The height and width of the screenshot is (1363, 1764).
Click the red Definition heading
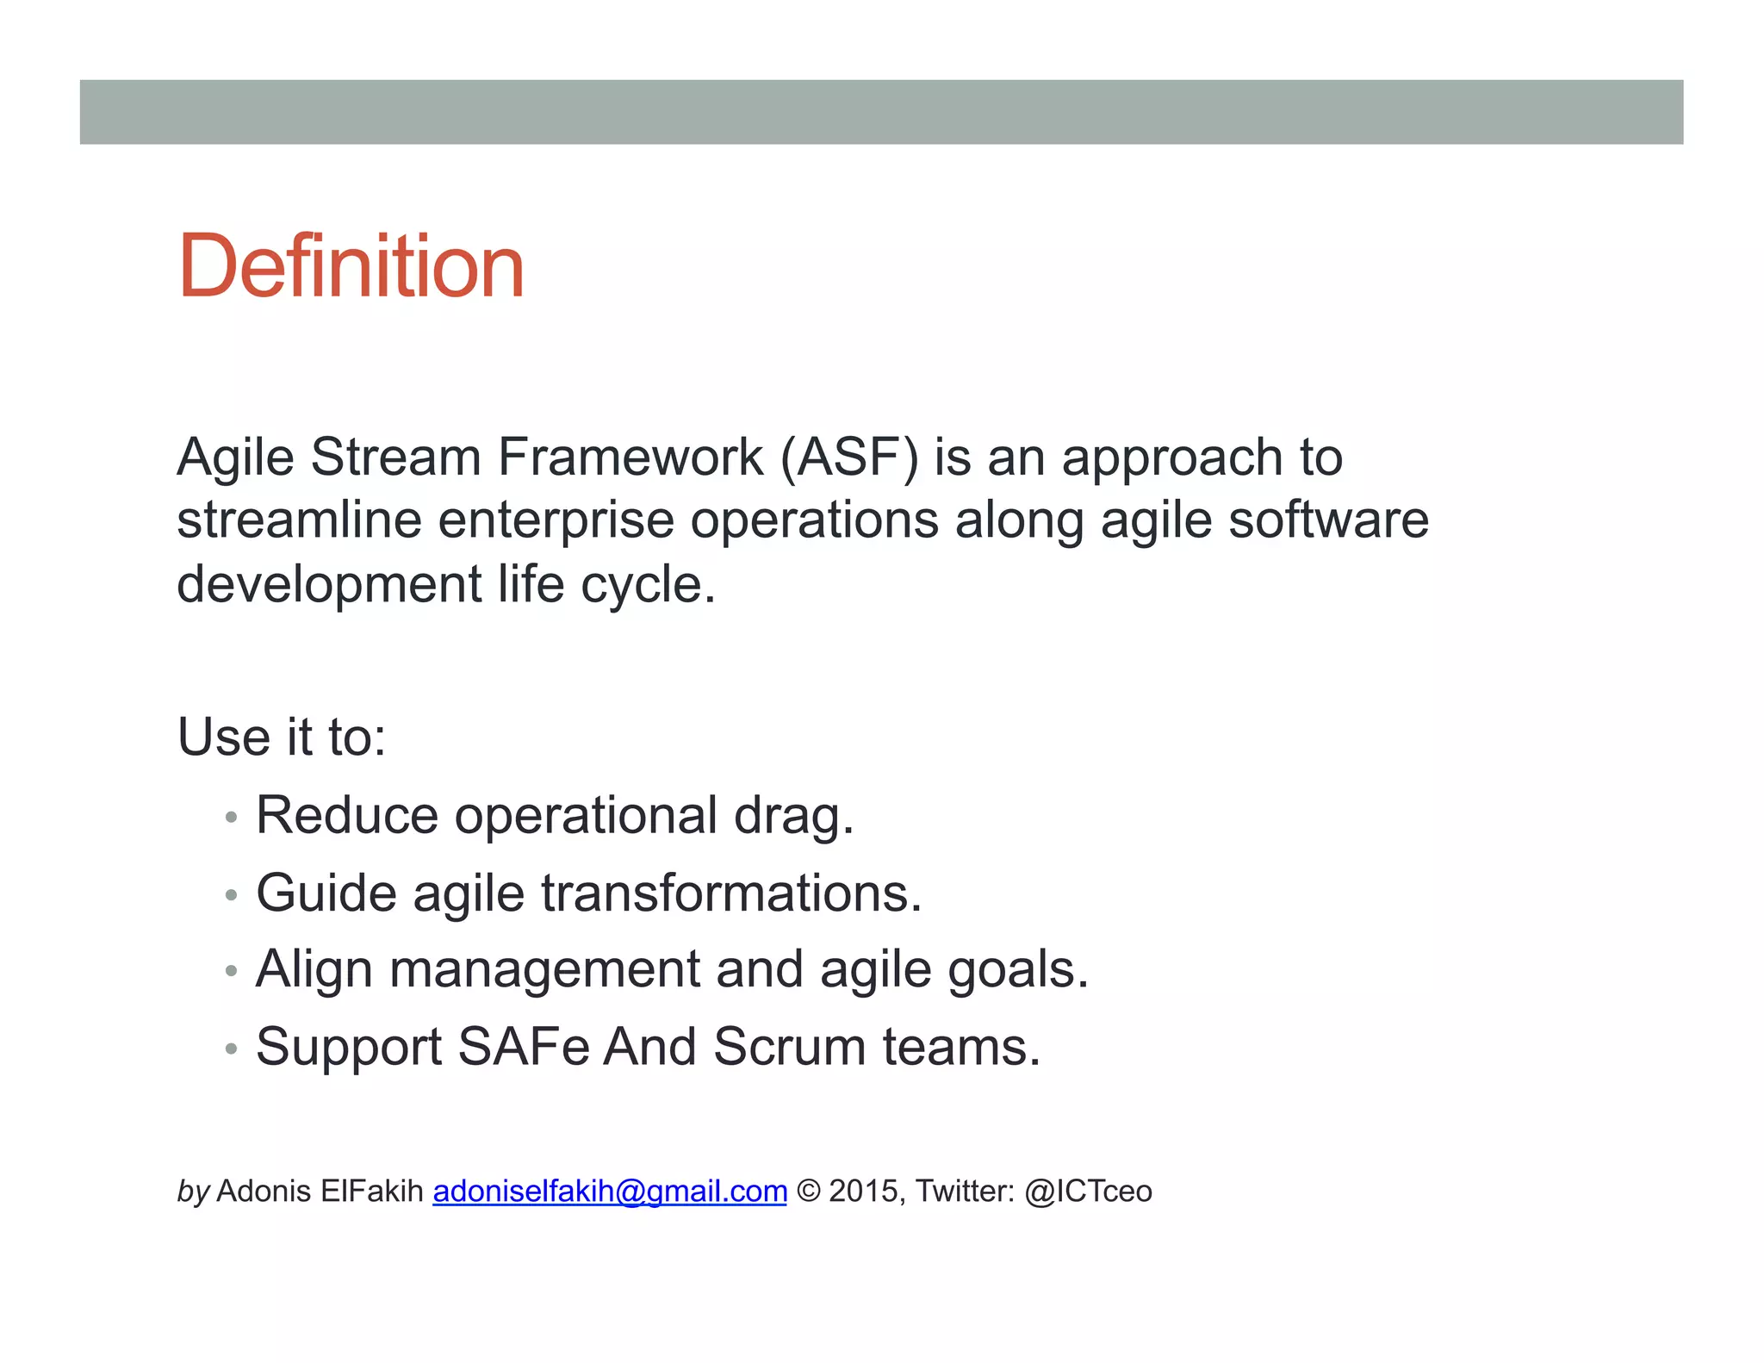point(351,266)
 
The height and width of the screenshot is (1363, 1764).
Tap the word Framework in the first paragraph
point(630,457)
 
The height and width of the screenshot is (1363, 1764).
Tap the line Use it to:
point(282,738)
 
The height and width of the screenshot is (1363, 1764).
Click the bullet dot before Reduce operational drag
point(230,818)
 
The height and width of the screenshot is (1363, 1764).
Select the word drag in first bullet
point(792,816)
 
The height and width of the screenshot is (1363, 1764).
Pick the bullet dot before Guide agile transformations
point(230,895)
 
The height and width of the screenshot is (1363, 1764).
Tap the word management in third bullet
point(544,970)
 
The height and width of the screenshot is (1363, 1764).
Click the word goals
point(1017,970)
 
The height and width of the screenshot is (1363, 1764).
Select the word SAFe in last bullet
point(523,1048)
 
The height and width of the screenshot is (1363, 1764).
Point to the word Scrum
point(789,1048)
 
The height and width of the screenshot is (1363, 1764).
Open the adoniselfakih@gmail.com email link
point(610,1192)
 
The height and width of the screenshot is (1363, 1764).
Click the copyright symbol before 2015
point(808,1192)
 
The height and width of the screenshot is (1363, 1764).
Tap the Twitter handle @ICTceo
point(1088,1192)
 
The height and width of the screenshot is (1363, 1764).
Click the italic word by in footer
point(193,1192)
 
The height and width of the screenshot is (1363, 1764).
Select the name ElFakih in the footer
point(371,1192)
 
